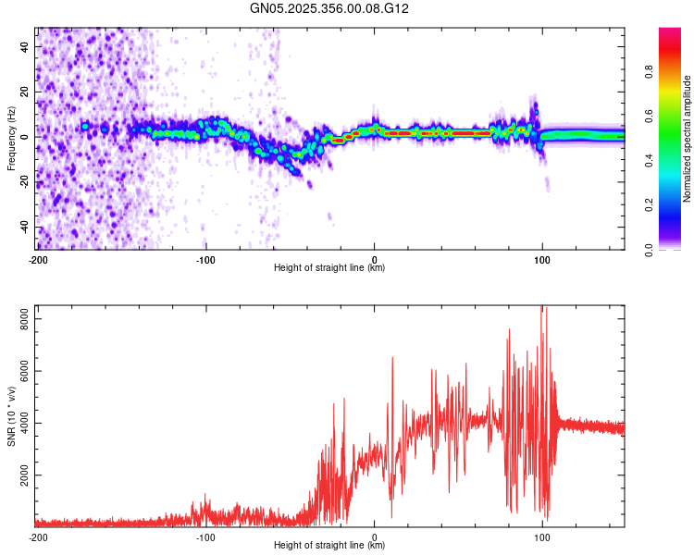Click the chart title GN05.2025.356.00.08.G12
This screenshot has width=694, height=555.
330,8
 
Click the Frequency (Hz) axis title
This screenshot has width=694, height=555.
11,138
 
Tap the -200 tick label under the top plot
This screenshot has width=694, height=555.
38,258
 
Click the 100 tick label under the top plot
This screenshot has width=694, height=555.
542,258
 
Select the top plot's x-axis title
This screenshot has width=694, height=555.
329,268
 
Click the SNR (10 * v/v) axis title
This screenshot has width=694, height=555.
11,416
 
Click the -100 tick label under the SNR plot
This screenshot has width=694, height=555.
206,536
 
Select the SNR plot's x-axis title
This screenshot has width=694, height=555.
329,546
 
